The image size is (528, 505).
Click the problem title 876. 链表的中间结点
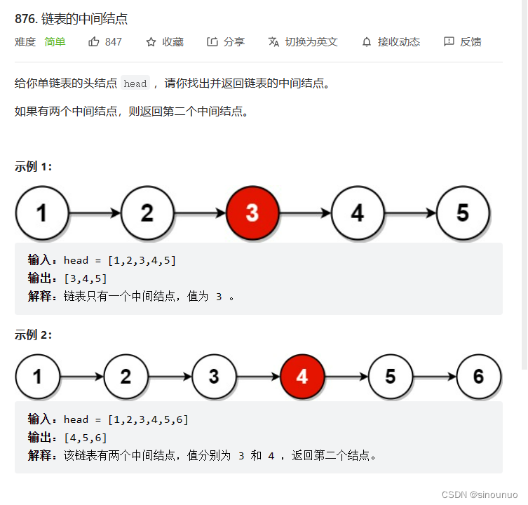click(71, 19)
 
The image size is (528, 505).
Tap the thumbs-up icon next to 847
click(94, 42)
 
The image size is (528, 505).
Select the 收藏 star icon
click(151, 42)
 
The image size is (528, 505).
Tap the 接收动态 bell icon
click(367, 42)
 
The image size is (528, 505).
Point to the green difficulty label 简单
click(55, 42)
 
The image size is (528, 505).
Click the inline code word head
click(135, 83)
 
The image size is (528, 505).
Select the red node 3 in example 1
click(252, 213)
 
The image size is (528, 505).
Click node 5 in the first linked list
click(463, 213)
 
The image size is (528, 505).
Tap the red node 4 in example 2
click(302, 377)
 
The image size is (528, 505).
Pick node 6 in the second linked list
click(478, 377)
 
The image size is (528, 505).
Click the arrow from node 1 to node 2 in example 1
click(95, 213)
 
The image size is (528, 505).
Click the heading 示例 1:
click(34, 166)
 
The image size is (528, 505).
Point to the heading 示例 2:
click(34, 335)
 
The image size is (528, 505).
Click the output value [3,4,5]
click(86, 278)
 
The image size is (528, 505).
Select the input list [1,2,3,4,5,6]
click(148, 419)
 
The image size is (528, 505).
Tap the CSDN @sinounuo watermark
click(480, 494)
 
